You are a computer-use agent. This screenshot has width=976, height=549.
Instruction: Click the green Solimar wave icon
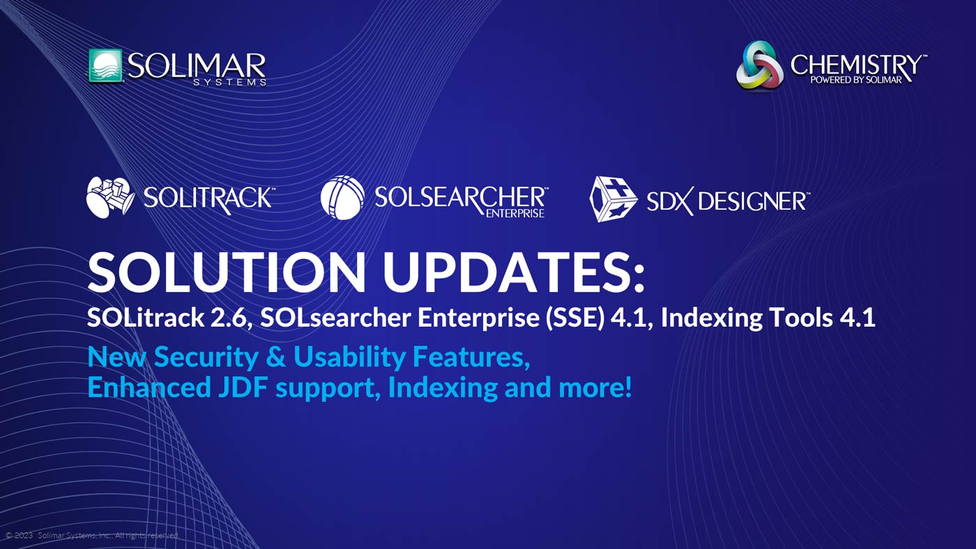point(105,66)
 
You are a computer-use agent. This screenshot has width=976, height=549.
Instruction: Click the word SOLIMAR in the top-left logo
point(197,65)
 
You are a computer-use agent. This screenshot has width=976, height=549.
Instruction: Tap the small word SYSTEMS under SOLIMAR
point(230,82)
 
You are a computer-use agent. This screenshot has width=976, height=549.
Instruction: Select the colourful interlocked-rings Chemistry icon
point(759,65)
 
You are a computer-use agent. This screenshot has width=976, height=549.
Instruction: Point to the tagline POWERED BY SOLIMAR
point(855,79)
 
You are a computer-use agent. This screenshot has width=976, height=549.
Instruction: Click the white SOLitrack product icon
point(109,197)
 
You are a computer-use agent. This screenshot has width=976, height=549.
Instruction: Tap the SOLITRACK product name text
point(207,198)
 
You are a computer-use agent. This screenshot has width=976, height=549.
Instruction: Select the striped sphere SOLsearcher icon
point(342,197)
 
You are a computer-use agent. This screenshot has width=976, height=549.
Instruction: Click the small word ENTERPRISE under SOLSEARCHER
point(514,213)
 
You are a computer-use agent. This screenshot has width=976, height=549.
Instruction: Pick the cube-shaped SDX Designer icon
point(613,199)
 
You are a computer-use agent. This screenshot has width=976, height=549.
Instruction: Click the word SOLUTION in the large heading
point(225,272)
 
